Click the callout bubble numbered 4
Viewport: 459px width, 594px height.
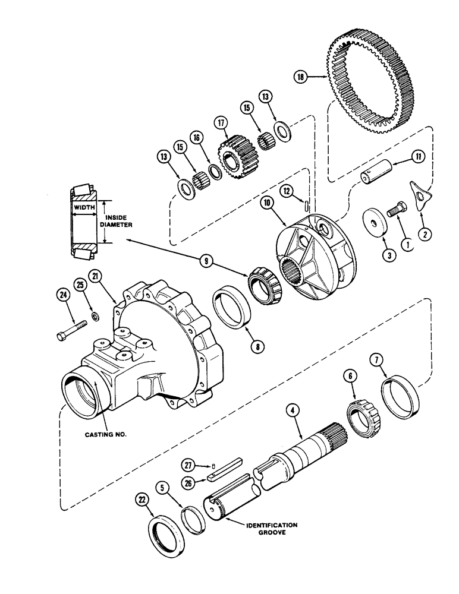point(291,410)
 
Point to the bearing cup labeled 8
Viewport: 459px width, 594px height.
point(229,307)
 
